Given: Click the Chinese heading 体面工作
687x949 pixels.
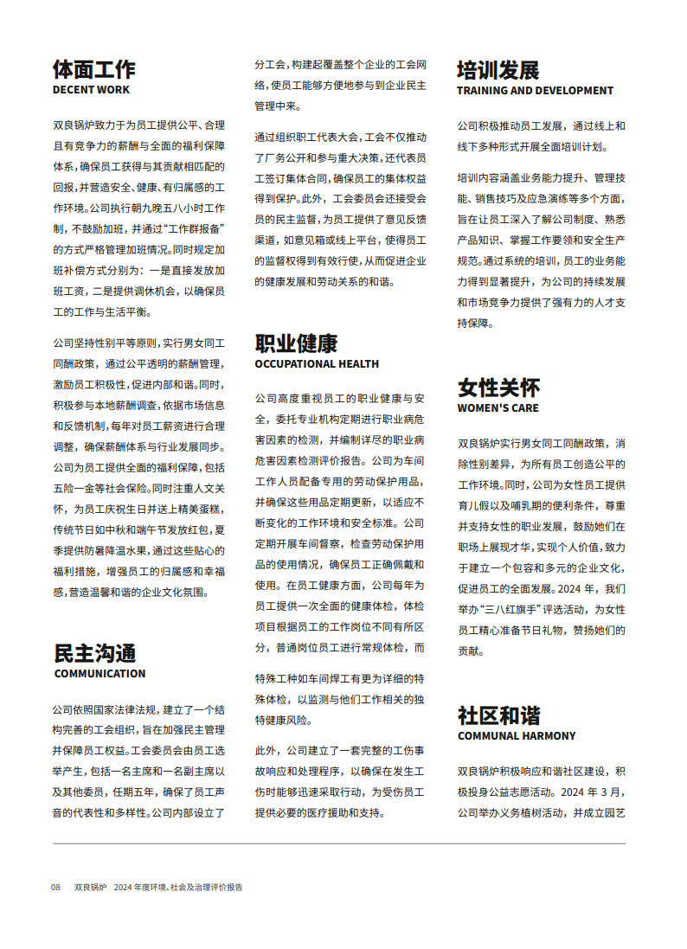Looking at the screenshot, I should click(94, 69).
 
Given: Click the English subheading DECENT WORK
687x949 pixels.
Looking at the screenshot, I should click(92, 90).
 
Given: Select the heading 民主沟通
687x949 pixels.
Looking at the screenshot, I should click(94, 653).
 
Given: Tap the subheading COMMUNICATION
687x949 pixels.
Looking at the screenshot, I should click(100, 674).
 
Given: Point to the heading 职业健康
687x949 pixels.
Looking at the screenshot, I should click(296, 343).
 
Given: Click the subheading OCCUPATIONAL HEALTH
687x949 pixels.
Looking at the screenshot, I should click(317, 364).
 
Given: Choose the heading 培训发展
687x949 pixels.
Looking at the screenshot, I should click(498, 69).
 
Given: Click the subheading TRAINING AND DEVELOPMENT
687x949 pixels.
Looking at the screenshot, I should click(535, 90).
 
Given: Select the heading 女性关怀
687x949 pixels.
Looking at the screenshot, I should click(498, 387).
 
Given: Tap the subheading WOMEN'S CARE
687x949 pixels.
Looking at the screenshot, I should click(498, 407).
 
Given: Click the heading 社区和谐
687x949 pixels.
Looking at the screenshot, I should click(498, 715).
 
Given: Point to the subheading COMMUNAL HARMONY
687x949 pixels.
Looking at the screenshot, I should click(517, 736).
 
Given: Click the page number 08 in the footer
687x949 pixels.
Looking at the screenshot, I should click(55, 888).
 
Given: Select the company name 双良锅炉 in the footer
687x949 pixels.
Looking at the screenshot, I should click(90, 888).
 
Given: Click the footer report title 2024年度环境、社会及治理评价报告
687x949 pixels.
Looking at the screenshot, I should click(178, 888).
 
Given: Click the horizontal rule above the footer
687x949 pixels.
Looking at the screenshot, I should click(339, 843).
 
